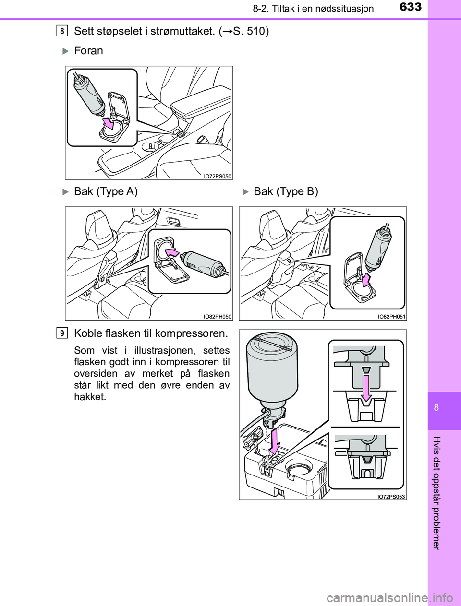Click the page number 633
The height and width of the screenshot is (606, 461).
[411, 7]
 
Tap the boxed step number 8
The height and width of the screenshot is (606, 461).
[62, 31]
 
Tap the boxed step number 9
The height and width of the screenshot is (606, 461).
[62, 333]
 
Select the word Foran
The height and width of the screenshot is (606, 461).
[88, 51]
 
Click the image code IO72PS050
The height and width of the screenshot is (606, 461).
[218, 176]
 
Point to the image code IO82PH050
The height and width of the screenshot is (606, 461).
[218, 317]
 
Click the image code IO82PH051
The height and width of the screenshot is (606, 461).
[391, 317]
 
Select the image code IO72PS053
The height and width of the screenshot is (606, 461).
[391, 497]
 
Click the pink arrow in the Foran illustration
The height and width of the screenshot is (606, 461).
[108, 123]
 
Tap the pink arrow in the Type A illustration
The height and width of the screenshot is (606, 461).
[172, 252]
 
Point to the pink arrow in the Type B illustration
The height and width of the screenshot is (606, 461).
[366, 280]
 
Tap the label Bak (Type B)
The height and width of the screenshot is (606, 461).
[286, 191]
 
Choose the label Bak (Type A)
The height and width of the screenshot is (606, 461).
[106, 191]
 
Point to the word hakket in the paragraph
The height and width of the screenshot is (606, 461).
[90, 397]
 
